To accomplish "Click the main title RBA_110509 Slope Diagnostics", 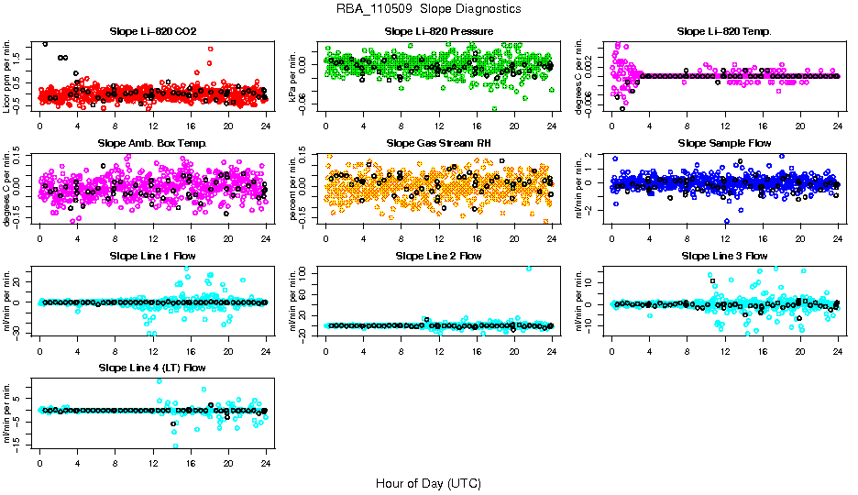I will pyautogui.click(x=428, y=8).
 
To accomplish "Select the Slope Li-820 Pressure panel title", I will pyautogui.click(x=439, y=32).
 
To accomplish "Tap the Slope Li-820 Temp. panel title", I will pyautogui.click(x=724, y=32).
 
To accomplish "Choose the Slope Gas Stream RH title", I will pyautogui.click(x=439, y=144).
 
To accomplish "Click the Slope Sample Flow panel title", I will pyautogui.click(x=724, y=144).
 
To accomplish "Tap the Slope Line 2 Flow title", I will pyautogui.click(x=439, y=256).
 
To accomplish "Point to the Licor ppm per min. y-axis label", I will pyautogui.click(x=7, y=76).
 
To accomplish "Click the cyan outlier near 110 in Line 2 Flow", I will pyautogui.click(x=528, y=269).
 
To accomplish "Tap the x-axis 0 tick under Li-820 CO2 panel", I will pyautogui.click(x=40, y=126).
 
